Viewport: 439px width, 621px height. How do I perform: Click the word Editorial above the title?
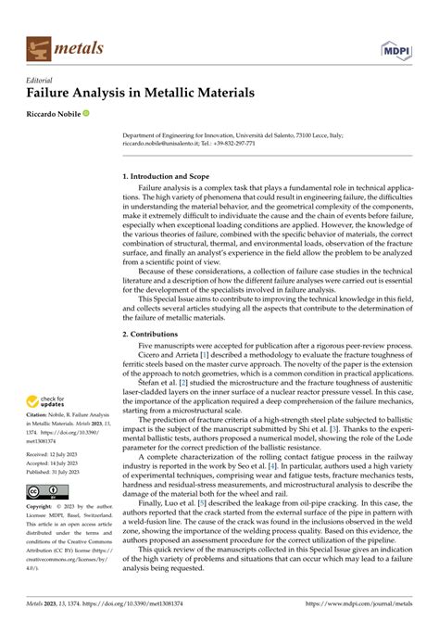(44, 80)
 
